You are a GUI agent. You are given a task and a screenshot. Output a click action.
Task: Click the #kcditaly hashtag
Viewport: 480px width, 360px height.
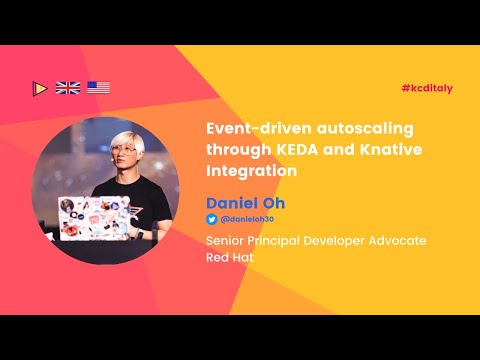(x=427, y=88)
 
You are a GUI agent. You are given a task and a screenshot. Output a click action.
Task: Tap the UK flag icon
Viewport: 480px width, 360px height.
(x=68, y=88)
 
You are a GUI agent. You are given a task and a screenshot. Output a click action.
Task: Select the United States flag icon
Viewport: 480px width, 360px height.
(x=98, y=88)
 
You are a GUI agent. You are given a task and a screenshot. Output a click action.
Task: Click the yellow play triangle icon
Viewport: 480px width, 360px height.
(x=39, y=88)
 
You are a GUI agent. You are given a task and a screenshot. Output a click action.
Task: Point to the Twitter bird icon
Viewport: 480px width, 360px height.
(x=211, y=218)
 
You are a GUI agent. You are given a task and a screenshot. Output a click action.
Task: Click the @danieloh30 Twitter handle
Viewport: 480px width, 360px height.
(x=247, y=218)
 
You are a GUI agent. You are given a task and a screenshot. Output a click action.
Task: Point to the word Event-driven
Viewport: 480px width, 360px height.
(x=254, y=129)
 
